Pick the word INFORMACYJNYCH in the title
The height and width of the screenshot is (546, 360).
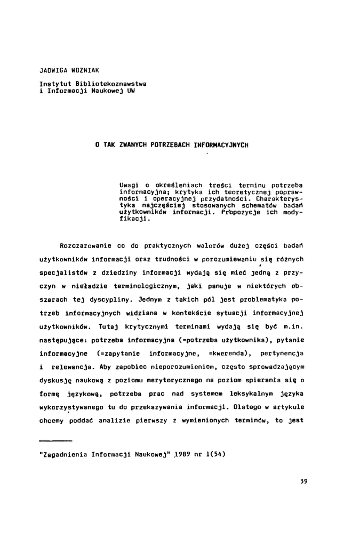click(221, 144)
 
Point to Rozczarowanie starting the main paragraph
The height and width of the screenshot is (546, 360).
click(85, 247)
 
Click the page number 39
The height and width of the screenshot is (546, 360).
click(303, 481)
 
